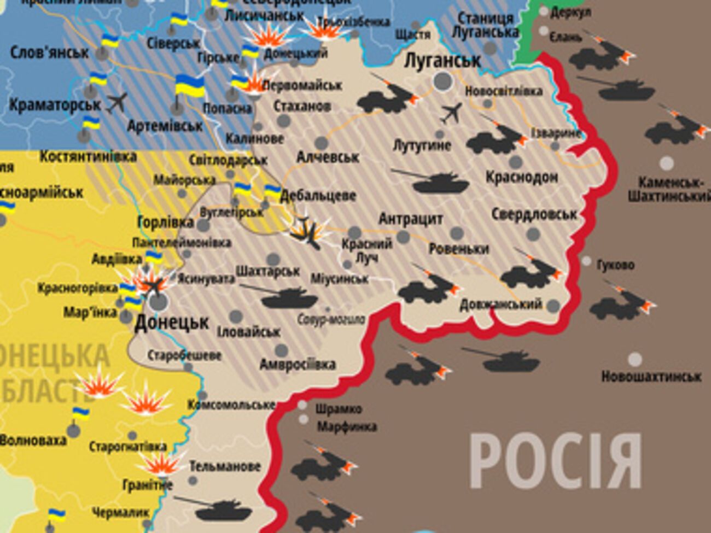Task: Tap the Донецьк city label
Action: [172, 323]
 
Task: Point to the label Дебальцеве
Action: [318, 196]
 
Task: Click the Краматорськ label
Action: [55, 104]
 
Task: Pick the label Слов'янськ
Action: [49, 52]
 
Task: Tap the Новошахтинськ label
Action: [651, 376]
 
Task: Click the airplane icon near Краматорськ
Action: [116, 102]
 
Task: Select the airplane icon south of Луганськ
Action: [451, 113]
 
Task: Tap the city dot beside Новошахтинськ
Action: [634, 360]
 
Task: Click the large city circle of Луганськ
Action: [443, 81]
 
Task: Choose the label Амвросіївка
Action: [298, 364]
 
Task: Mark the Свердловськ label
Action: [534, 214]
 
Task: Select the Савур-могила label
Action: [331, 319]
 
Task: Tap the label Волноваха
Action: [33, 440]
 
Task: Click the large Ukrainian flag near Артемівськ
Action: [190, 86]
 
